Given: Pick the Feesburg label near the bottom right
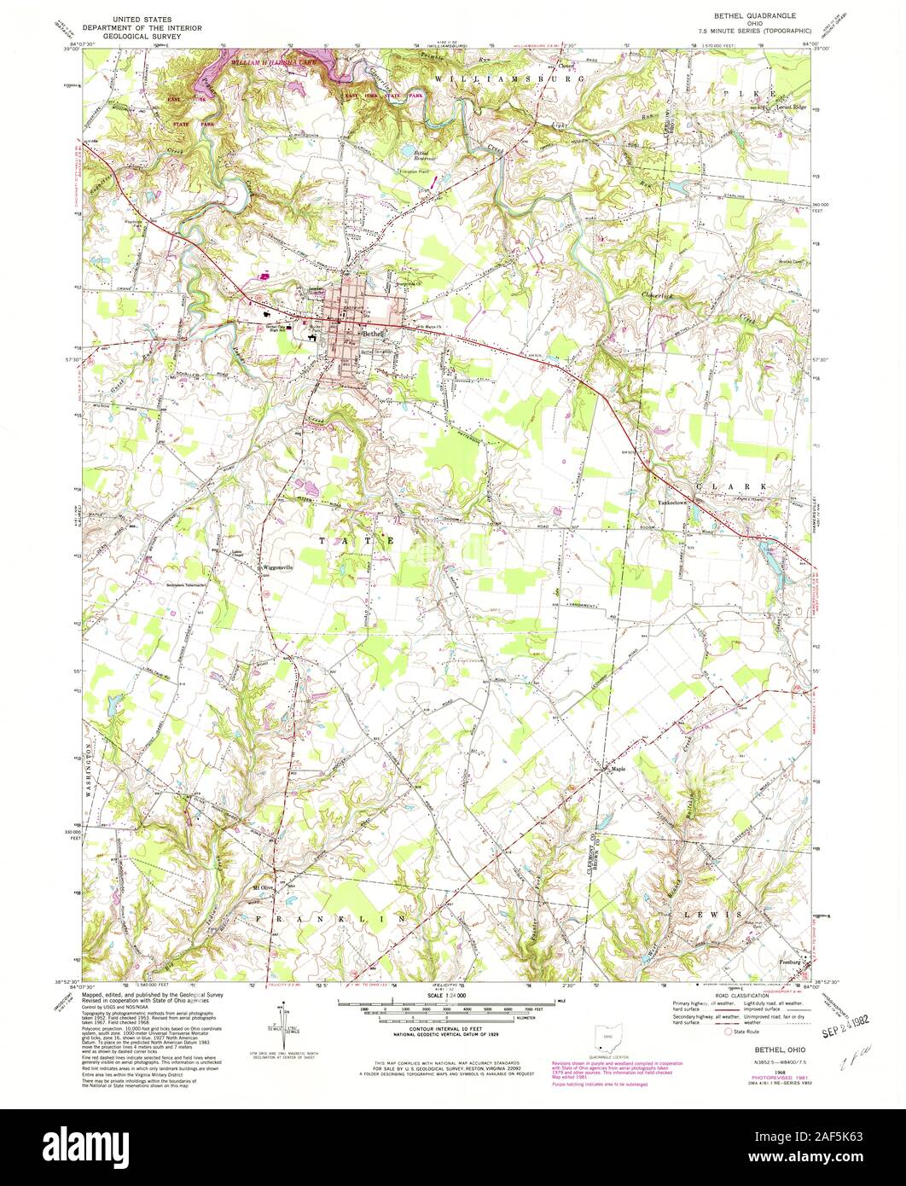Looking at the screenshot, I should pos(793,962).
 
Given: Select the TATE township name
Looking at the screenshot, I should pos(356,540).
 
